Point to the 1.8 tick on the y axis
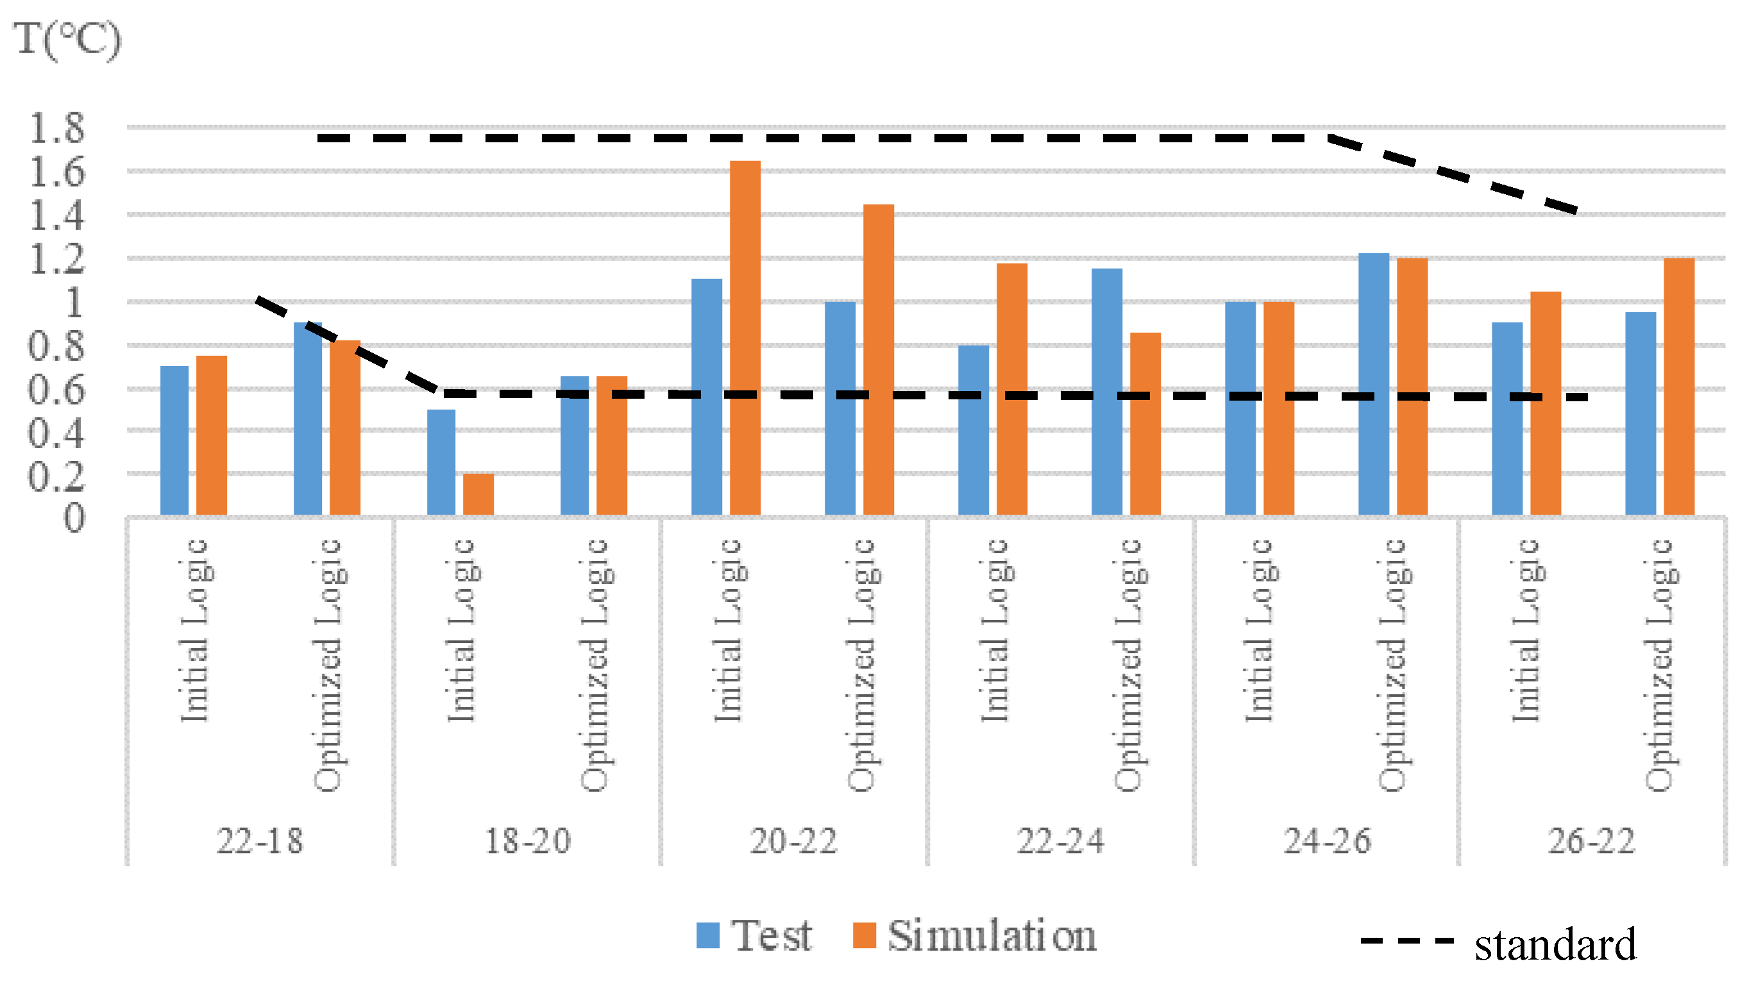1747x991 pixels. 56,128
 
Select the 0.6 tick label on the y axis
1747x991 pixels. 56,390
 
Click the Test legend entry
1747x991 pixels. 754,936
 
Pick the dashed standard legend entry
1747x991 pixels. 1498,944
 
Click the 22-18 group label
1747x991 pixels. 259,841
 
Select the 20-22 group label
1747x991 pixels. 793,841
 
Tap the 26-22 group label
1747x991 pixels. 1591,841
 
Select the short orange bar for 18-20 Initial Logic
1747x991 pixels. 478,494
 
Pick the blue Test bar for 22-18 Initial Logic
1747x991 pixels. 174,440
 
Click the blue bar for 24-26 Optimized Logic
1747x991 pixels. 1373,384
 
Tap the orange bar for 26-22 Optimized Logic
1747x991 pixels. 1678,386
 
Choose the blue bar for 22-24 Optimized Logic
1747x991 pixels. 1106,392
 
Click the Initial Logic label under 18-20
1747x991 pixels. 462,630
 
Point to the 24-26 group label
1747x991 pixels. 1326,841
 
